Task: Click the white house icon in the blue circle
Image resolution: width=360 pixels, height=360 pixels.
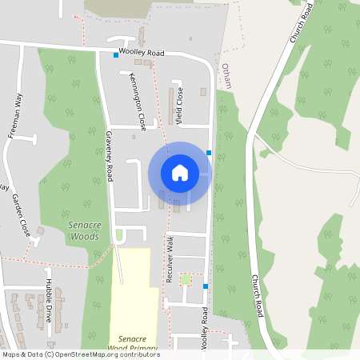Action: point(179,172)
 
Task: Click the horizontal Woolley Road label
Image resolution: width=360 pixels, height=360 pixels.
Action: point(141,53)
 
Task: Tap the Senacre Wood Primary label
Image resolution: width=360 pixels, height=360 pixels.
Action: point(133,344)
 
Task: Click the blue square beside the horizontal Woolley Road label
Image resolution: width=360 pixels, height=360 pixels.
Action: point(115,55)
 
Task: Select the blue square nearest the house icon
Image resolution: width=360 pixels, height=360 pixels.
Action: point(209,152)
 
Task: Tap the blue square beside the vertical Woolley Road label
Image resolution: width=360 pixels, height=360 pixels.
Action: point(206,286)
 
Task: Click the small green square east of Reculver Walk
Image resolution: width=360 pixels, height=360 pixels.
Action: point(186,278)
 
